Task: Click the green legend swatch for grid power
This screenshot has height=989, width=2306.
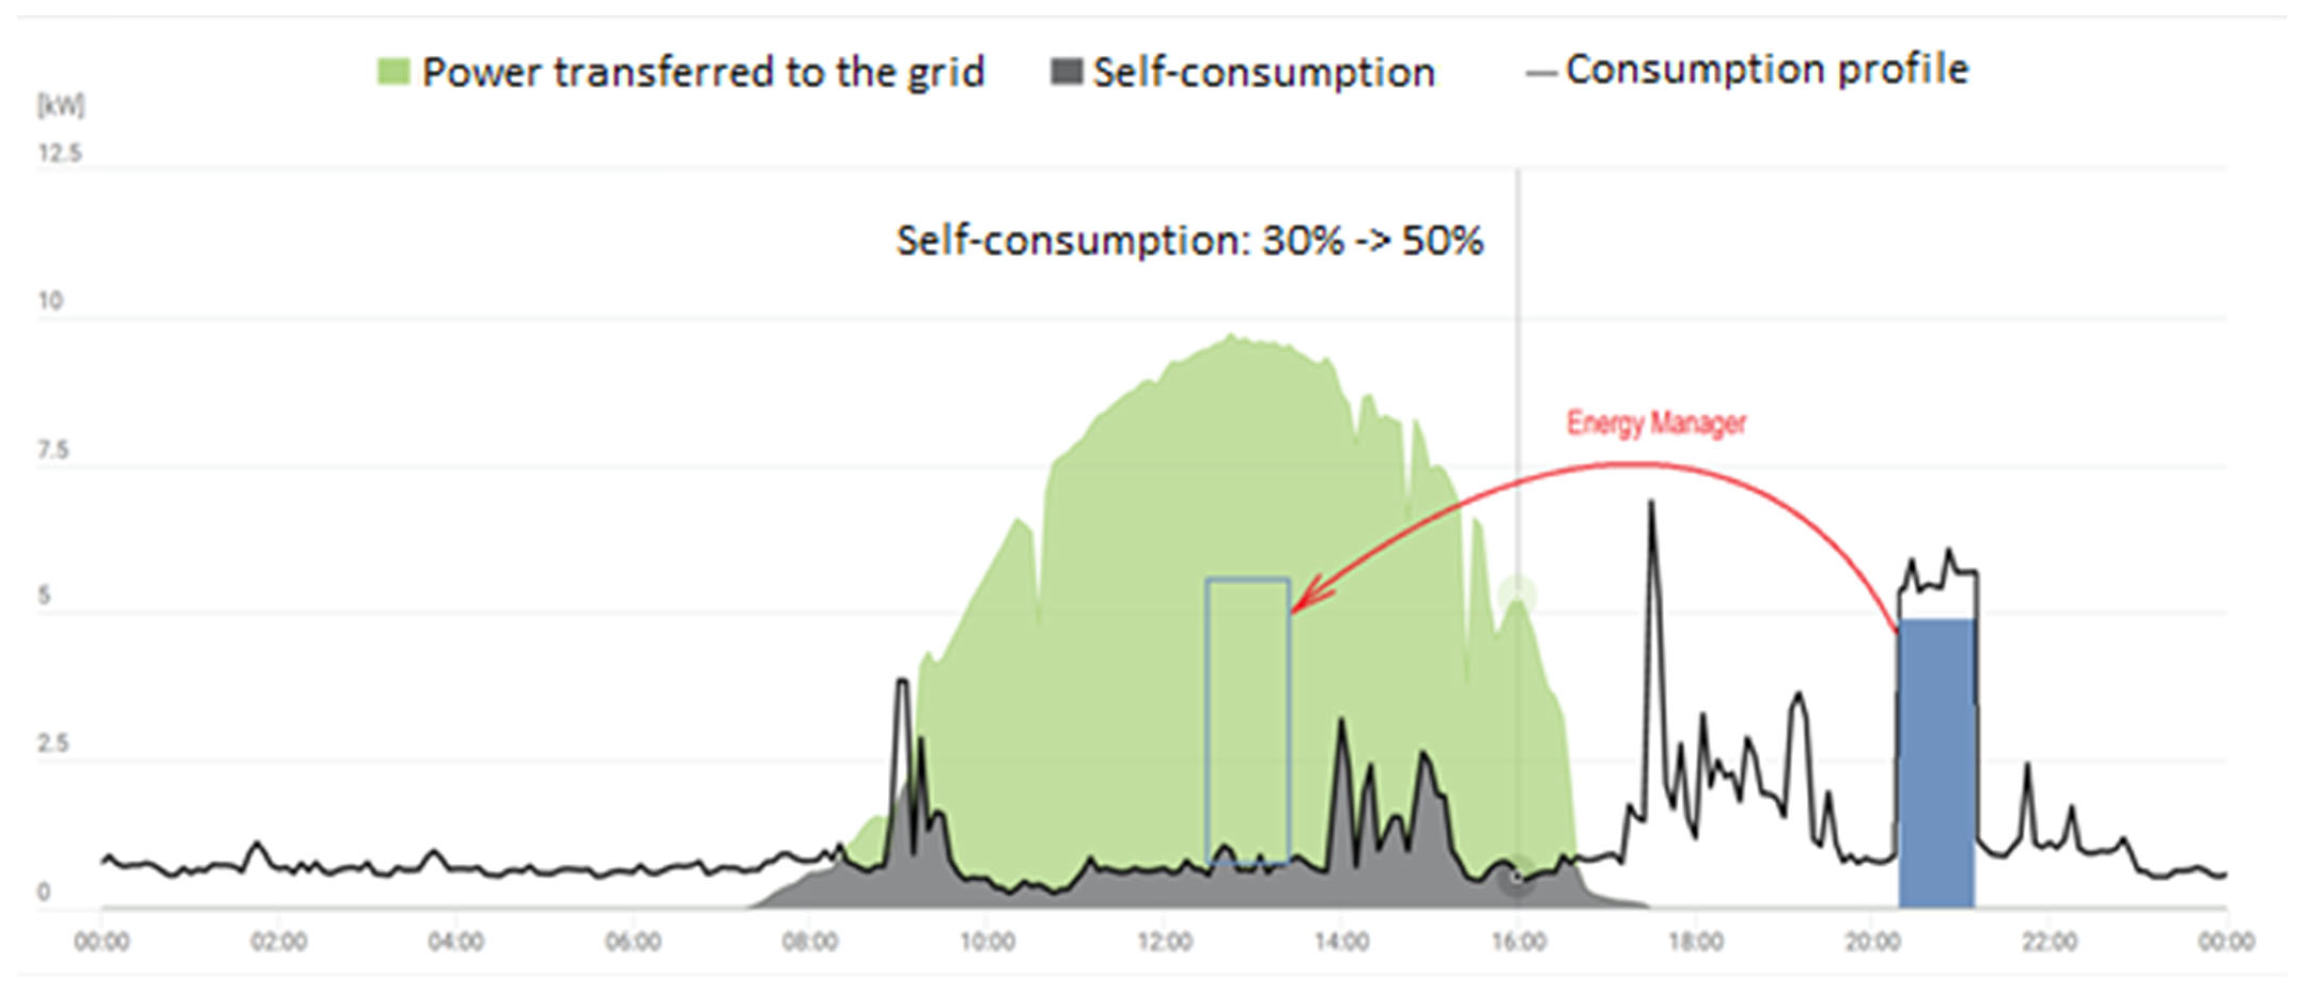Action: click(394, 72)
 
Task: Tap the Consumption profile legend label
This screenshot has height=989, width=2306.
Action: click(1765, 69)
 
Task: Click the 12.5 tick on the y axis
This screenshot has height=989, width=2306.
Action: click(59, 153)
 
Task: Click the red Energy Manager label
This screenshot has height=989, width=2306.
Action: click(1656, 423)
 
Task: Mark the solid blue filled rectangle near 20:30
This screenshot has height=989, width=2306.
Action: click(1936, 761)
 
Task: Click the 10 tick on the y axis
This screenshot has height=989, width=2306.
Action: click(50, 301)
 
